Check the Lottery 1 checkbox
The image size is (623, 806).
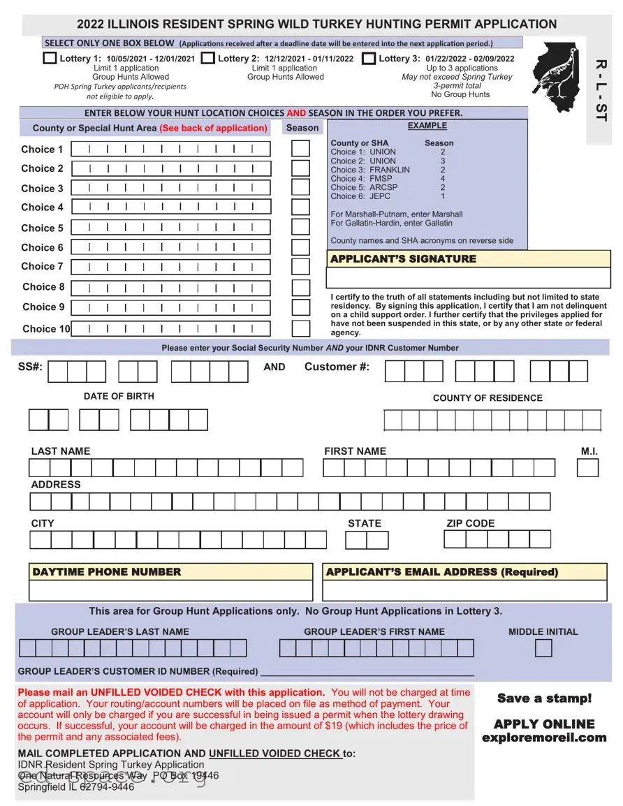pyautogui.click(x=50, y=59)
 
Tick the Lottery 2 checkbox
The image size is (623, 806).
pyautogui.click(x=208, y=59)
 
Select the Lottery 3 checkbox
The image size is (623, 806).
pyautogui.click(x=369, y=59)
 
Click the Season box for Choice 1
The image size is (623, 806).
pyautogui.click(x=300, y=149)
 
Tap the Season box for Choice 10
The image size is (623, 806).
pyautogui.click(x=300, y=328)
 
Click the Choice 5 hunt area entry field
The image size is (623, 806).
pyautogui.click(x=170, y=228)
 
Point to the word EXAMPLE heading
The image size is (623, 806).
pyautogui.click(x=427, y=126)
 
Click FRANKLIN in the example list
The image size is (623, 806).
pyautogui.click(x=390, y=170)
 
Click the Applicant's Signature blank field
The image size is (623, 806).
pyautogui.click(x=468, y=278)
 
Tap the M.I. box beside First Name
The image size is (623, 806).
pyautogui.click(x=587, y=468)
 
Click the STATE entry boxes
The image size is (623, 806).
pyautogui.click(x=367, y=540)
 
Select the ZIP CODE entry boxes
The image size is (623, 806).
pyautogui.click(x=497, y=539)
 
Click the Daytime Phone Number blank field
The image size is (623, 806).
pyautogui.click(x=170, y=591)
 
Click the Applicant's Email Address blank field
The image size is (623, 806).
pyautogui.click(x=464, y=591)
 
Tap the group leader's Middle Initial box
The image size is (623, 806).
pyautogui.click(x=543, y=649)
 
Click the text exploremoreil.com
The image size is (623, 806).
pyautogui.click(x=543, y=738)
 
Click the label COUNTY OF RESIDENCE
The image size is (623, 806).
pyautogui.click(x=488, y=398)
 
